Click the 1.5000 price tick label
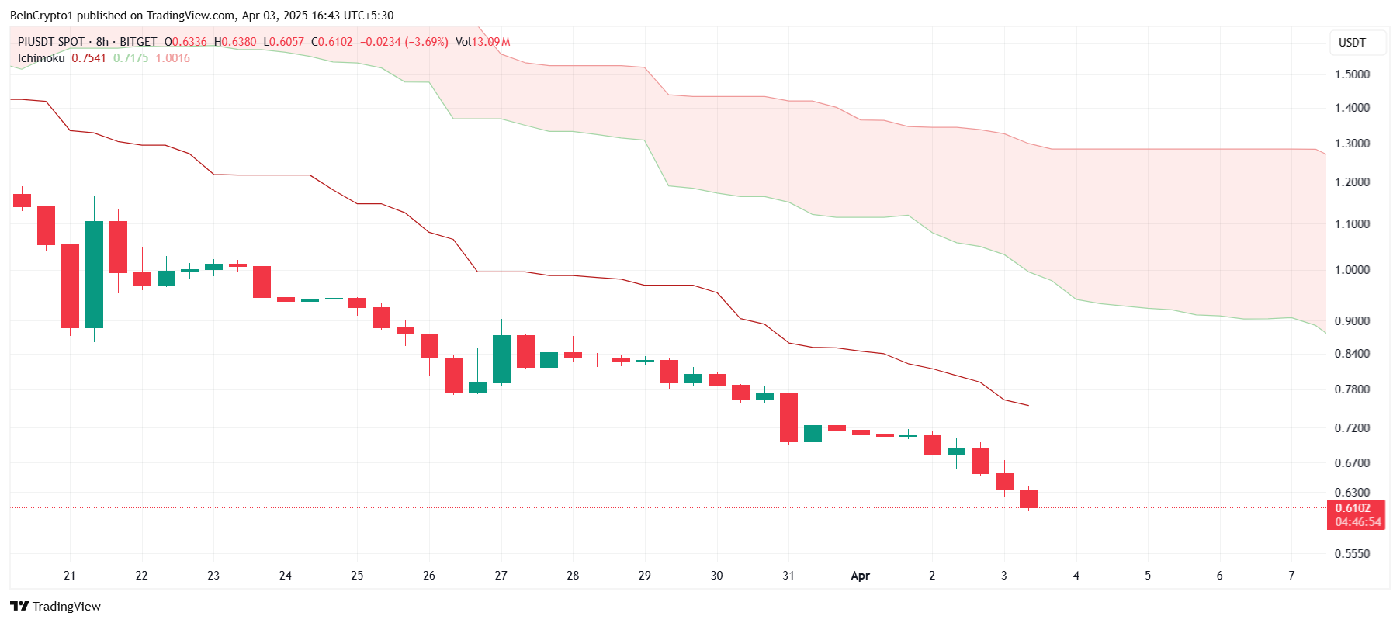click(1352, 74)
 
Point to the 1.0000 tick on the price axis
click(1352, 270)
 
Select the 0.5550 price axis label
click(1352, 554)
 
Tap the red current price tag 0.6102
click(1353, 508)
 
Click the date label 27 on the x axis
click(501, 576)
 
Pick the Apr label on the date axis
click(860, 576)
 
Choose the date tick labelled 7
click(1291, 576)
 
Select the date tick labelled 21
click(70, 576)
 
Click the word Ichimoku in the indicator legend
click(41, 58)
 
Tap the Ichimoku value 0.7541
click(88, 58)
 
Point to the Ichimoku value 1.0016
click(172, 58)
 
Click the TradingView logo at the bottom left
click(55, 606)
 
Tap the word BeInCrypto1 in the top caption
click(40, 16)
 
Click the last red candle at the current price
click(1028, 499)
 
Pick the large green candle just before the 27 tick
click(501, 358)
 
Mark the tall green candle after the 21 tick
click(94, 274)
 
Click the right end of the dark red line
click(1027, 405)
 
